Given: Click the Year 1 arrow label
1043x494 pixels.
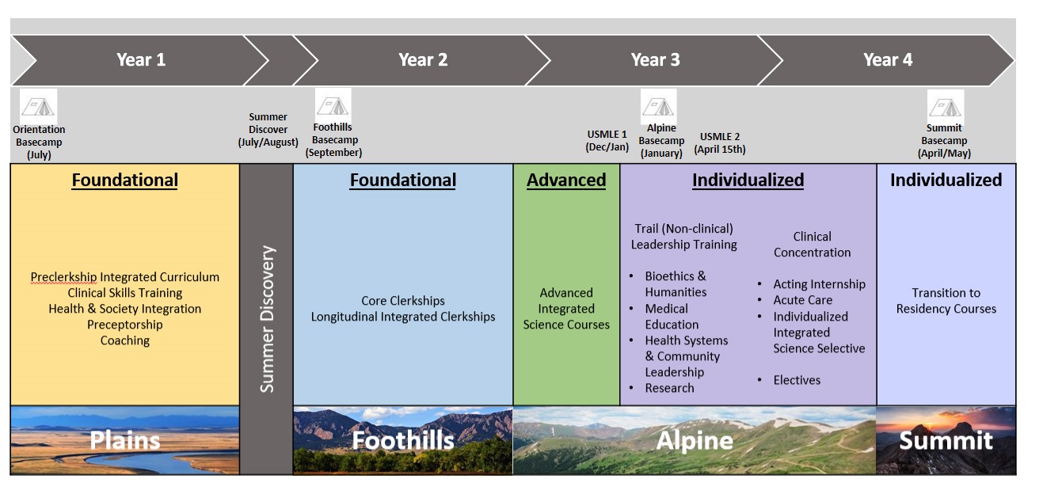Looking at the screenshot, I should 141,59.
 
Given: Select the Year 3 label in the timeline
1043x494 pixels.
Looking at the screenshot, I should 655,59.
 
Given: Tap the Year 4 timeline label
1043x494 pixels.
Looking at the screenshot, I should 887,59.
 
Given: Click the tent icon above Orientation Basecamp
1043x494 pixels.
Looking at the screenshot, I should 39,107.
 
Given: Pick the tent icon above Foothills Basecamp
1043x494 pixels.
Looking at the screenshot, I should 333,104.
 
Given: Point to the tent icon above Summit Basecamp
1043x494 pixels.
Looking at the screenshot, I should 945,106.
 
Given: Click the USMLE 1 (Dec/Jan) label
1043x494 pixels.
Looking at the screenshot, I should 607,141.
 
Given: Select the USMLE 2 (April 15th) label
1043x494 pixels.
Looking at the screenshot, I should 720,142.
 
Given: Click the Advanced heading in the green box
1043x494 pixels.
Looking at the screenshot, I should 566,180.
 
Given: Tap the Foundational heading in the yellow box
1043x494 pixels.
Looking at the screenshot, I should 125,180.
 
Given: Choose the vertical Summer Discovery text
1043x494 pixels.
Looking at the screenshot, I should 267,319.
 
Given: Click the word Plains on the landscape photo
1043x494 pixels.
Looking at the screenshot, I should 125,440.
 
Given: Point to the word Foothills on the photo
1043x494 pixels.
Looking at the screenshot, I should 403,440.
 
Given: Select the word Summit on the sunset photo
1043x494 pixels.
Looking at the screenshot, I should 946,440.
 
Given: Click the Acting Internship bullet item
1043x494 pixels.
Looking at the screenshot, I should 819,284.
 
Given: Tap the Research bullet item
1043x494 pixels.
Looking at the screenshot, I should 669,388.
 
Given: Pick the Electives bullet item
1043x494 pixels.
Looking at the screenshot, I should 797,380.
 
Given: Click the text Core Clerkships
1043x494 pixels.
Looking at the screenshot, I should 403,301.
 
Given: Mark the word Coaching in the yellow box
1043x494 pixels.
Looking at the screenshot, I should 125,340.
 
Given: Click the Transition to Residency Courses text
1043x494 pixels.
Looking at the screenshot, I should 946,301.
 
